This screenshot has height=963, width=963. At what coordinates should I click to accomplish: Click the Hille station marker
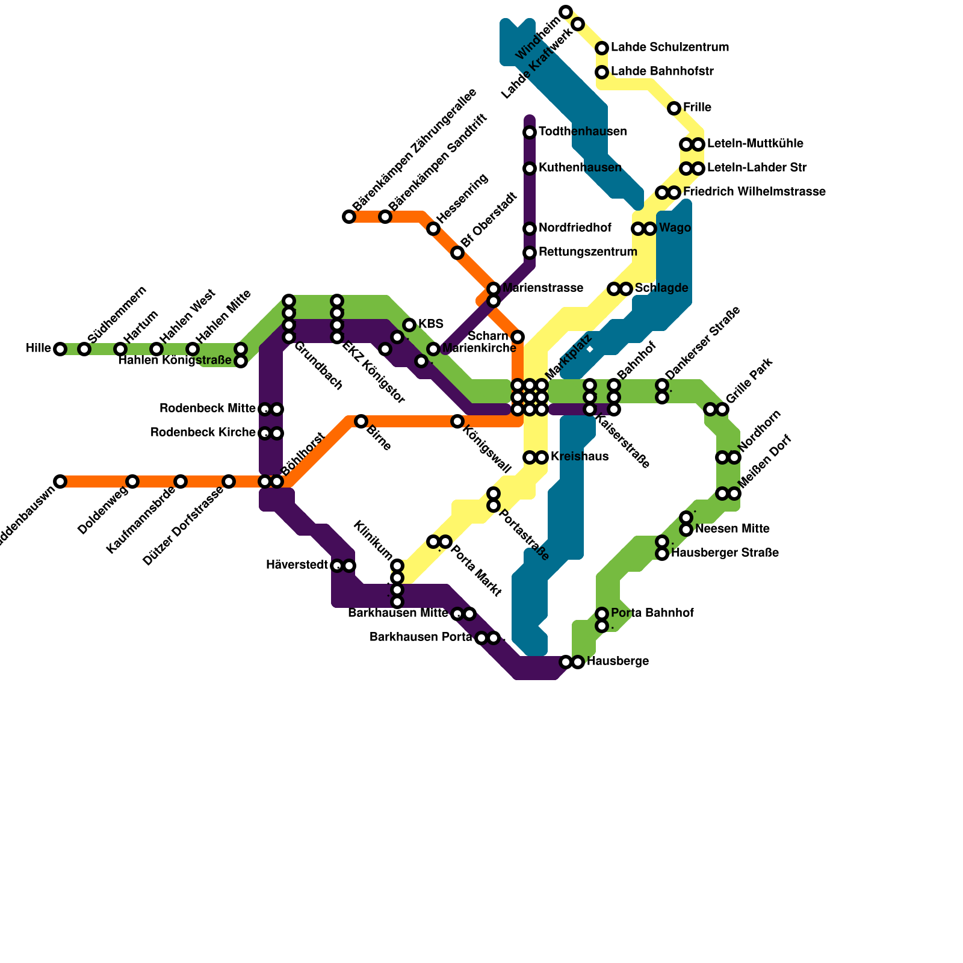pyautogui.click(x=60, y=349)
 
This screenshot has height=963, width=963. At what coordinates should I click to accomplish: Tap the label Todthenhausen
pyautogui.click(x=583, y=132)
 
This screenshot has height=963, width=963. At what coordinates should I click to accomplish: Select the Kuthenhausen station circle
pyautogui.click(x=530, y=169)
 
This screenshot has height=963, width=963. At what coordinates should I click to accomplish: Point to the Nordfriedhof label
pyautogui.click(x=575, y=228)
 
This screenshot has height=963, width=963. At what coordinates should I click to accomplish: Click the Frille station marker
pyautogui.click(x=674, y=108)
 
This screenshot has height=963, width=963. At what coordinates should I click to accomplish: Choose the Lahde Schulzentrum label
pyautogui.click(x=670, y=48)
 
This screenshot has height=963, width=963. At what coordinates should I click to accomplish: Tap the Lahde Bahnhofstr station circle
pyautogui.click(x=602, y=72)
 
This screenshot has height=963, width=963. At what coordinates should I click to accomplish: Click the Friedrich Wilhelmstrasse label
pyautogui.click(x=754, y=192)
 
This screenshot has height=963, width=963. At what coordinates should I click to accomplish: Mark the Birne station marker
pyautogui.click(x=361, y=421)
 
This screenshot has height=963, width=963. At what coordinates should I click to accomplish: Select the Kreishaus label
pyautogui.click(x=579, y=457)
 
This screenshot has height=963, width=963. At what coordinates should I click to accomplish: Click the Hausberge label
pyautogui.click(x=618, y=661)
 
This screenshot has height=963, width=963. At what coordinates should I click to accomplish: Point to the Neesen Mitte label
pyautogui.click(x=732, y=529)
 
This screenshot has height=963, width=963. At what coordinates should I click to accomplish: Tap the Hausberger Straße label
pyautogui.click(x=725, y=553)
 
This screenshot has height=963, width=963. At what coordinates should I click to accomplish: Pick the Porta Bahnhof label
pyautogui.click(x=652, y=613)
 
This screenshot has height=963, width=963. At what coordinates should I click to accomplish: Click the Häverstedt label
pyautogui.click(x=297, y=565)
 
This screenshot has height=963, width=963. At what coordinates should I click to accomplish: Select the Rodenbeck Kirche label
pyautogui.click(x=203, y=433)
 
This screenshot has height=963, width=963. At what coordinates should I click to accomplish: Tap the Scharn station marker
pyautogui.click(x=518, y=337)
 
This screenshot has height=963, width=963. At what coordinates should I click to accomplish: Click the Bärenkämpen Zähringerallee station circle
pyautogui.click(x=349, y=217)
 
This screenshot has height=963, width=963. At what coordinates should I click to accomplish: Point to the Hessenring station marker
pyautogui.click(x=433, y=229)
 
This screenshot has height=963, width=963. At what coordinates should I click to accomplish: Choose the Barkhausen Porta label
pyautogui.click(x=421, y=637)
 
